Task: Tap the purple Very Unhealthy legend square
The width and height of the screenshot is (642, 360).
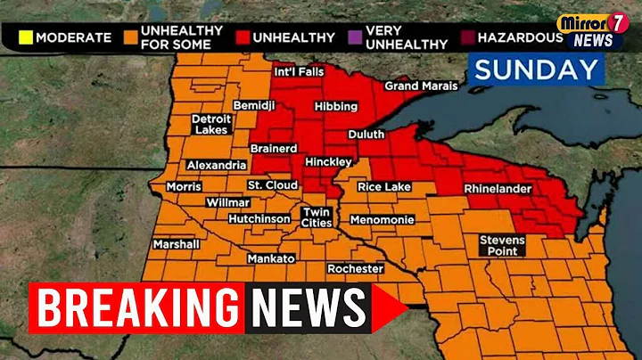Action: [x=356, y=37]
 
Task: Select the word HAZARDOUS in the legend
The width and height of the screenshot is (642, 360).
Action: [x=520, y=37]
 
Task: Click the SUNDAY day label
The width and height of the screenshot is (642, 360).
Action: [x=535, y=70]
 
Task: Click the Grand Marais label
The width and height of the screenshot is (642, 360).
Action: [x=420, y=86]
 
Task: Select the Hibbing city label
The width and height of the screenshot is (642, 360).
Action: [x=336, y=106]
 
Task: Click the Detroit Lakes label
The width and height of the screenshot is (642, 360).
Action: [x=210, y=124]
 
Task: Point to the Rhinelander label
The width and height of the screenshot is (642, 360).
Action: [x=497, y=189]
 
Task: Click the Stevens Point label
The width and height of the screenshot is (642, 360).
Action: [x=503, y=245]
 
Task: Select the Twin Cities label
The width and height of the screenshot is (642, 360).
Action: [x=317, y=217]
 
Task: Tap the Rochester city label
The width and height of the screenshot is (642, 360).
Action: [x=355, y=268]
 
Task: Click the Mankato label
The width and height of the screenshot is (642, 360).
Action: [x=270, y=258]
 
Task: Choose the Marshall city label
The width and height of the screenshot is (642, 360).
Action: [x=175, y=243]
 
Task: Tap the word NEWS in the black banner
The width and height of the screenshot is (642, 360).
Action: [x=309, y=308]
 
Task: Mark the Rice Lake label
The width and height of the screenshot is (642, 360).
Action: [x=384, y=186]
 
